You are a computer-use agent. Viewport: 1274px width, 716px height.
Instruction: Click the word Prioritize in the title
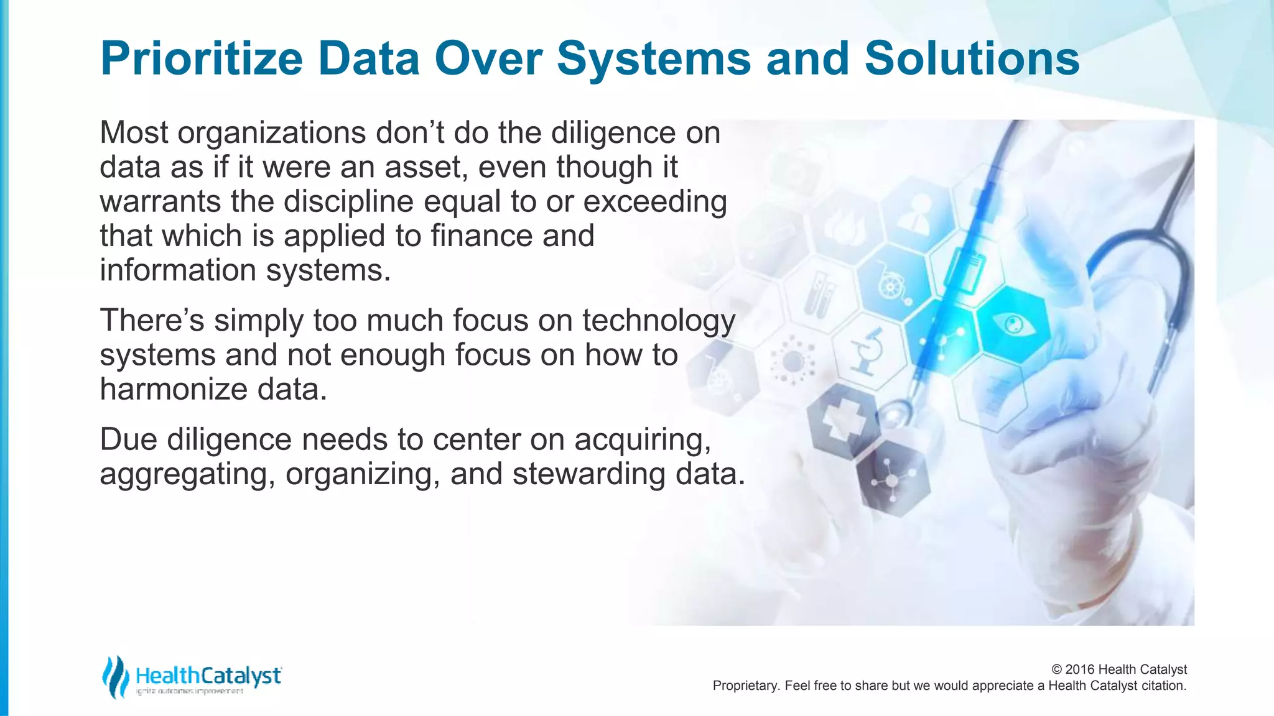(x=201, y=59)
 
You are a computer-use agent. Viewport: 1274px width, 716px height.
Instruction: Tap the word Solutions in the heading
(x=972, y=59)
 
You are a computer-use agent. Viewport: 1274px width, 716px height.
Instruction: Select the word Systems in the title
(x=654, y=59)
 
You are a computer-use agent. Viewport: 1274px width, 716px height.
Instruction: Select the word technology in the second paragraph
(x=659, y=321)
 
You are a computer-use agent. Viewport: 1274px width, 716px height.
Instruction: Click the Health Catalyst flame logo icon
(x=114, y=677)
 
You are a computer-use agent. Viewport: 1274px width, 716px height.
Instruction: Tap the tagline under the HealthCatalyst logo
(x=190, y=691)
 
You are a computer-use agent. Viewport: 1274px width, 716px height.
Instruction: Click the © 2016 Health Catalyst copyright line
(x=1118, y=669)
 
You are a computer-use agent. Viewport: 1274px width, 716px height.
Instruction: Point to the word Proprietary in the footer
(x=745, y=686)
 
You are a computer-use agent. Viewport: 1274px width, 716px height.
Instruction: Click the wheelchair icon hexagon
(x=893, y=283)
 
